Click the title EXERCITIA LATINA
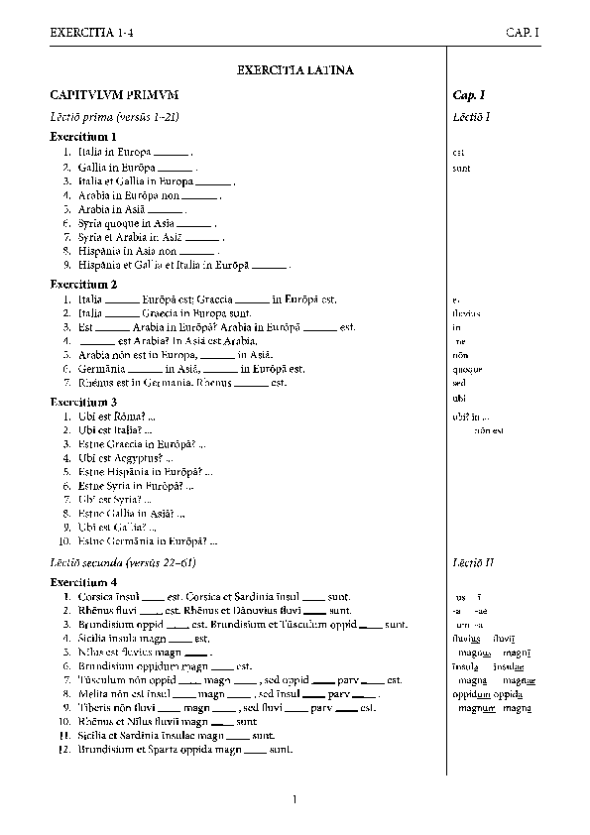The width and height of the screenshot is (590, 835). tap(295, 71)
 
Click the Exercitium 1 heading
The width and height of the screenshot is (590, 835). tap(84, 137)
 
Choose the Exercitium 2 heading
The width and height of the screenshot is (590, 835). tap(84, 284)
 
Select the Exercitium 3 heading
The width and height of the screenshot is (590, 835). tap(84, 402)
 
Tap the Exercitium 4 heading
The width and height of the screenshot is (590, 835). tap(84, 581)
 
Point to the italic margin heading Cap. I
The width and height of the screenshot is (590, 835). tap(469, 95)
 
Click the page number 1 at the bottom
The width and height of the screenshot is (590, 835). tap(295, 799)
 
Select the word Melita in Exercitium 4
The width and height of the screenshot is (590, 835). tap(93, 694)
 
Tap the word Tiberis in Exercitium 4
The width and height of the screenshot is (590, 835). tap(94, 708)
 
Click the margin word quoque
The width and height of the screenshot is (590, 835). tap(461, 369)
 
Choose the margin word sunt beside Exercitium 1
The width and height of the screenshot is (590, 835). tap(461, 168)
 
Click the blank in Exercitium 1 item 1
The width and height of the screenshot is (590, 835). tap(171, 153)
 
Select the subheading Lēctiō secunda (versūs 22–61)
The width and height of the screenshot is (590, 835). tap(123, 563)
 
